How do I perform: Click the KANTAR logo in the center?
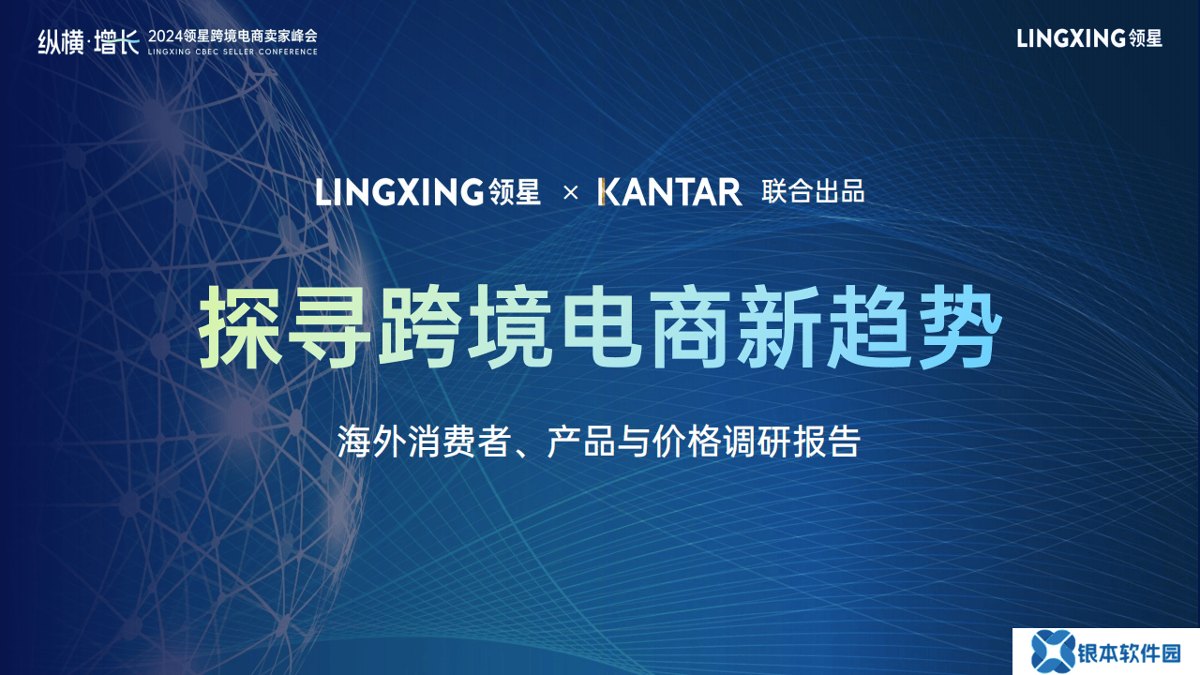click(x=669, y=192)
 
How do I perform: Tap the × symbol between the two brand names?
click(x=571, y=193)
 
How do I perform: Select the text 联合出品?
click(x=813, y=192)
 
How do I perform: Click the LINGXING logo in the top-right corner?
click(x=1089, y=38)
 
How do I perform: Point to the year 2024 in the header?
click(x=165, y=37)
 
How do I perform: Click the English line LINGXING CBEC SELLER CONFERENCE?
click(x=232, y=52)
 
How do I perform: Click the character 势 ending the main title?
click(x=959, y=327)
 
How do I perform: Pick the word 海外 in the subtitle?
click(x=371, y=442)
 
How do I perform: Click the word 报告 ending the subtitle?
click(x=827, y=442)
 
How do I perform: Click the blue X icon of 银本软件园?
click(x=1053, y=652)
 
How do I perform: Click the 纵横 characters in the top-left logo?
click(x=61, y=42)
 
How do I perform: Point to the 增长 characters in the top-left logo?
click(x=117, y=42)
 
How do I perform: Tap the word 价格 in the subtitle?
click(x=686, y=442)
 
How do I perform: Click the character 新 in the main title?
click(x=780, y=327)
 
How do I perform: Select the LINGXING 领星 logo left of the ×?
click(x=427, y=192)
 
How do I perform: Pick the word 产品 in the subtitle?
click(x=581, y=442)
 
